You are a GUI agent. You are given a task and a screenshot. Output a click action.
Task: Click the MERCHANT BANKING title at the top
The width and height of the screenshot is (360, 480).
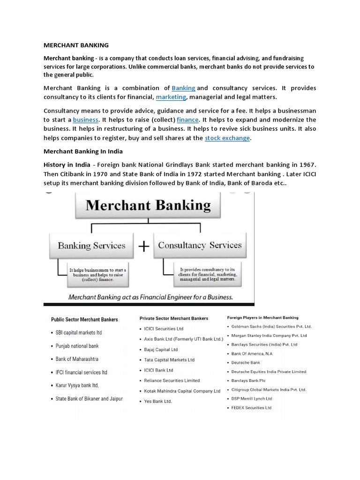pyautogui.click(x=76, y=45)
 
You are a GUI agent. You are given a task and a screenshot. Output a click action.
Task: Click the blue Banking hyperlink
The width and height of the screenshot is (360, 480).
pyautogui.click(x=183, y=88)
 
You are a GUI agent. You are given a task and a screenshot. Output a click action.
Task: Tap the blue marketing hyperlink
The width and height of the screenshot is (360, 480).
pyautogui.click(x=171, y=97)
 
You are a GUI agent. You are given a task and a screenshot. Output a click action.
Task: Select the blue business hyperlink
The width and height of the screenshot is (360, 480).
pyautogui.click(x=85, y=120)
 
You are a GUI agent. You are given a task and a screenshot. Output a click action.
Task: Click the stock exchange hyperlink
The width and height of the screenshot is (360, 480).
pyautogui.click(x=227, y=138)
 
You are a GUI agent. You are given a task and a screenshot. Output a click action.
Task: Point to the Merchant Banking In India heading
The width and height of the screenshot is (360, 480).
pyautogui.click(x=82, y=152)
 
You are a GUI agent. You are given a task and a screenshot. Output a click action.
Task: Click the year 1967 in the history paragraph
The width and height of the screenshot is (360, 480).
pyautogui.click(x=307, y=165)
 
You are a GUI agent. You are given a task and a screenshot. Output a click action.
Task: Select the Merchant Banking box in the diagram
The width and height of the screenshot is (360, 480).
pyautogui.click(x=149, y=206)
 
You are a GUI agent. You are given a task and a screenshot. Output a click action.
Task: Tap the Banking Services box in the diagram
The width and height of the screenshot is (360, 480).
pyautogui.click(x=91, y=246)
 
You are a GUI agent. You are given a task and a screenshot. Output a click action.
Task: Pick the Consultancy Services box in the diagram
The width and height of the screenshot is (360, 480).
pyautogui.click(x=200, y=245)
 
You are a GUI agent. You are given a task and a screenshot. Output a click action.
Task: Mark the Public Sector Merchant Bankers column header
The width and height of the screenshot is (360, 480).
pyautogui.click(x=84, y=320)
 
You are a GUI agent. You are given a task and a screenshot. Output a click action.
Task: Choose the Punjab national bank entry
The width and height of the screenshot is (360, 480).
pyautogui.click(x=77, y=346)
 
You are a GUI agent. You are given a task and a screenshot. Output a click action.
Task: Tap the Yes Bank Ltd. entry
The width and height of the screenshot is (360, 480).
pyautogui.click(x=158, y=402)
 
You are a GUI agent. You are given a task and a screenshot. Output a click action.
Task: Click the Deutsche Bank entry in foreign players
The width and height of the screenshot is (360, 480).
pyautogui.click(x=246, y=363)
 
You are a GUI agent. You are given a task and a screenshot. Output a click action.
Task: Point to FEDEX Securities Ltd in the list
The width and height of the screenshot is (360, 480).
pyautogui.click(x=251, y=408)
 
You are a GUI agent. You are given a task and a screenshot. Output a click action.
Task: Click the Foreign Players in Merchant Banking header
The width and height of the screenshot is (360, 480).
pyautogui.click(x=263, y=318)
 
